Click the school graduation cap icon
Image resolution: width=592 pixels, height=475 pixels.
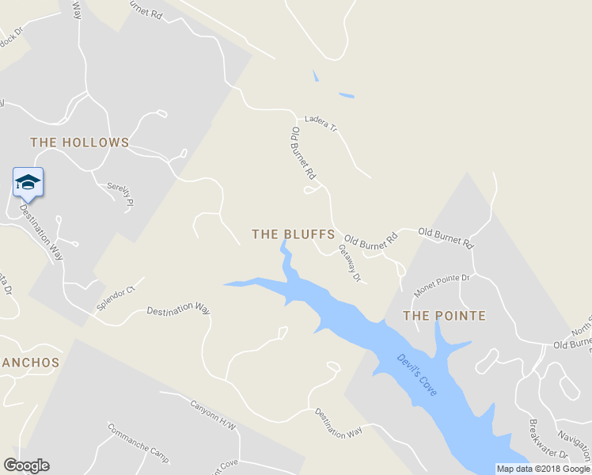tap(28, 183)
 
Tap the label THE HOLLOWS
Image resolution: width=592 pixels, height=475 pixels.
tap(79, 142)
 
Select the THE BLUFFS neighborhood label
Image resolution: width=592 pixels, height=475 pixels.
tap(288, 234)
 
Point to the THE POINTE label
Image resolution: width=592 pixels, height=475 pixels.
tap(444, 316)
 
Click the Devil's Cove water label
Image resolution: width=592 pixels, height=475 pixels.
tap(417, 376)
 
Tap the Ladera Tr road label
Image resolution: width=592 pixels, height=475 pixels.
tap(321, 123)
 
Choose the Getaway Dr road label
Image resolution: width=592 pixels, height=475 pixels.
tap(350, 263)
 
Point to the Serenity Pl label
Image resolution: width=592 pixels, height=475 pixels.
tap(121, 194)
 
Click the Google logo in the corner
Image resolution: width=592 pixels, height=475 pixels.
tap(26, 465)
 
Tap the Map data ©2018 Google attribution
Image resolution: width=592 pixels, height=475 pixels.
tap(543, 469)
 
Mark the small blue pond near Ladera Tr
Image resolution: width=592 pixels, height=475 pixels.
tap(347, 97)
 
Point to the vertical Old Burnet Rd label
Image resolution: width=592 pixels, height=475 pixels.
tap(304, 151)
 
